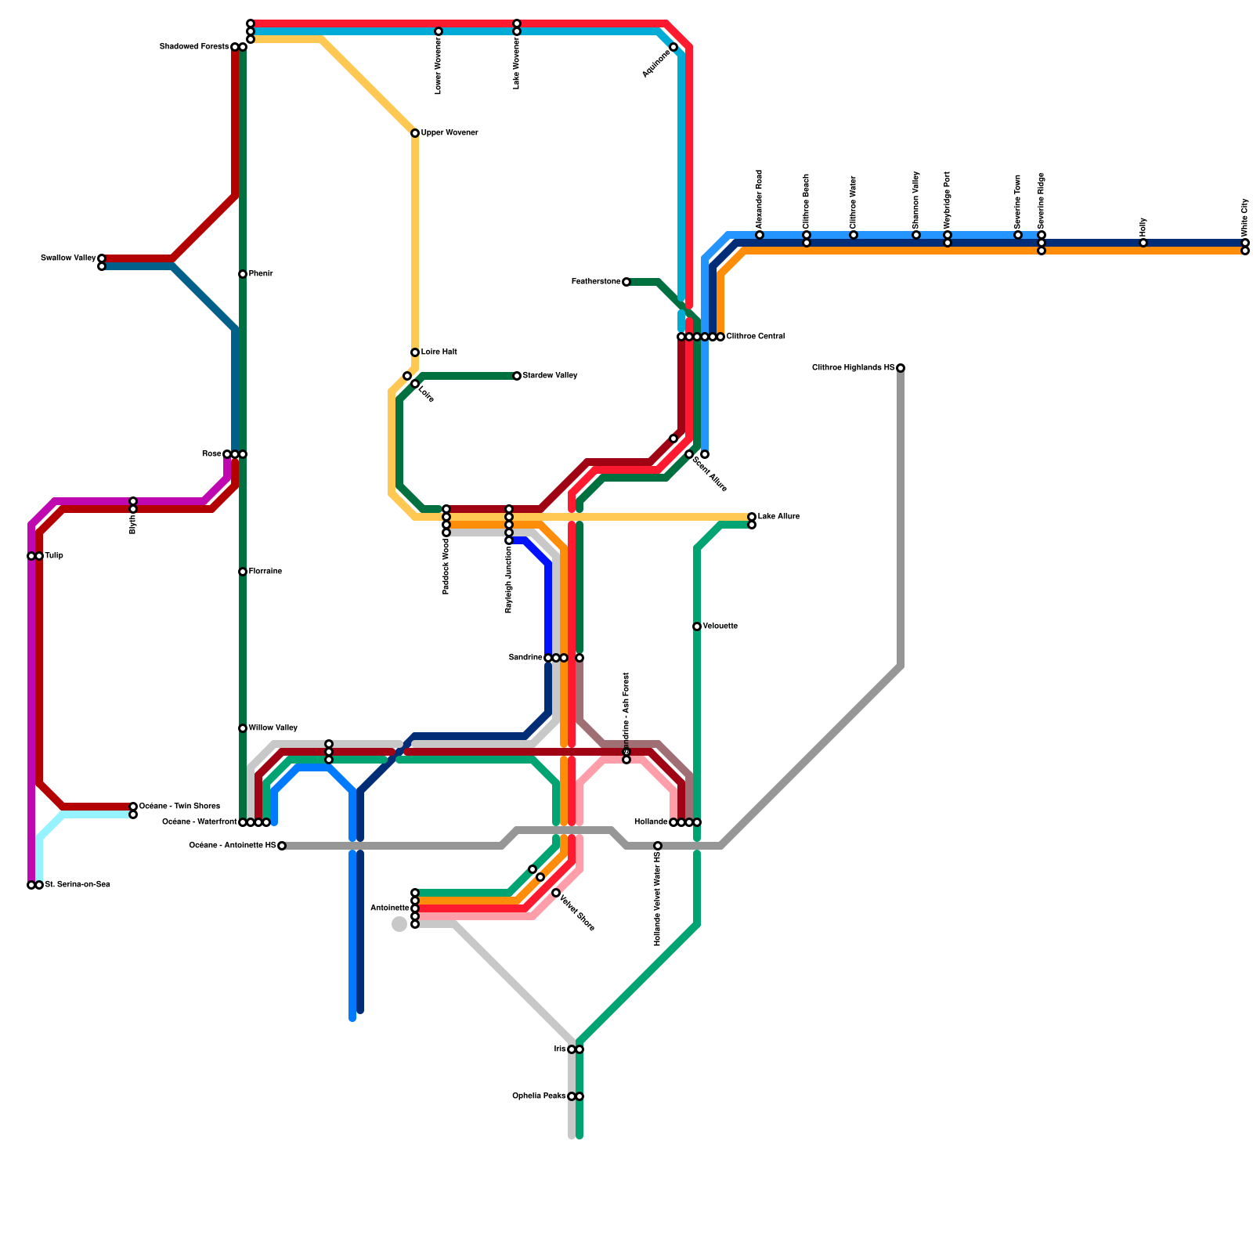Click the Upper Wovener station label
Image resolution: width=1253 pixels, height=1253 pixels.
pos(449,133)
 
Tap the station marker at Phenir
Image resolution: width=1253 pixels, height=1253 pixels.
pos(243,274)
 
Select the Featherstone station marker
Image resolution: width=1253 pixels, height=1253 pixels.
pos(626,282)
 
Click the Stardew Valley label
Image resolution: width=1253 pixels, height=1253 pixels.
pos(550,376)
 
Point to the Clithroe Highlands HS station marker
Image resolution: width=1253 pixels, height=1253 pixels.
pos(901,368)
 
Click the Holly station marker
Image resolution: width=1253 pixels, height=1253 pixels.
pos(1143,243)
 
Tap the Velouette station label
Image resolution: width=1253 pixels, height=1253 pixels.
pos(720,626)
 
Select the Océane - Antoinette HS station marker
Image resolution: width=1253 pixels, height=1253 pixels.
pos(282,846)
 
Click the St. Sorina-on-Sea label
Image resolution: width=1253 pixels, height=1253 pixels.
pos(77,885)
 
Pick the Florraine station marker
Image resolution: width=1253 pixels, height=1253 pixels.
pos(243,572)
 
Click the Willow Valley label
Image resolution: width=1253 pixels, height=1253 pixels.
pos(273,728)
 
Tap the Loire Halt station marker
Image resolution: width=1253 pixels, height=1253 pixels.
pos(415,352)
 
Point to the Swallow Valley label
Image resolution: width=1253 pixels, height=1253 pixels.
pos(68,258)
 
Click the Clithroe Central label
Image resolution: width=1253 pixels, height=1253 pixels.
pos(755,337)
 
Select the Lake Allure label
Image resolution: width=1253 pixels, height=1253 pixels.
pos(778,517)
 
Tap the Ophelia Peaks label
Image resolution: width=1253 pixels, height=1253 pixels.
pos(539,1096)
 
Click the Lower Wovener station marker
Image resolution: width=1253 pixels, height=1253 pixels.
pos(439,31)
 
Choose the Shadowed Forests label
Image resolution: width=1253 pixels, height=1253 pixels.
pos(194,47)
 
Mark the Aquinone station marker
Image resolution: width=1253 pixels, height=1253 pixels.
pos(673,47)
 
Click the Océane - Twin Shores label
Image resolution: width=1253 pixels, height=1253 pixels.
pos(179,807)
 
